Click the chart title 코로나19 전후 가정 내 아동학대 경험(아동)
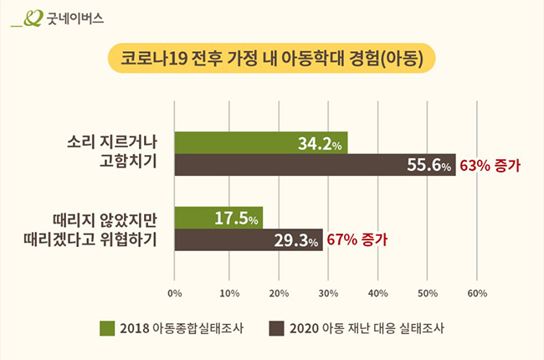click(x=272, y=59)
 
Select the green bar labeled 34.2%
click(x=260, y=143)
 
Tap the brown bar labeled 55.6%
click(x=315, y=165)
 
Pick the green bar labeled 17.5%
click(x=218, y=218)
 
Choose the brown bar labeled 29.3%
click(x=249, y=240)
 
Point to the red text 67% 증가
click(x=357, y=240)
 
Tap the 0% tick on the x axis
click(x=175, y=294)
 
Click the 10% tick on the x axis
click(x=226, y=294)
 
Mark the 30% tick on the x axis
click(x=326, y=294)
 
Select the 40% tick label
click(x=377, y=294)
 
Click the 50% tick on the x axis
click(x=427, y=294)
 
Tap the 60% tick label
click(x=477, y=294)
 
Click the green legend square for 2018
click(x=106, y=328)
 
